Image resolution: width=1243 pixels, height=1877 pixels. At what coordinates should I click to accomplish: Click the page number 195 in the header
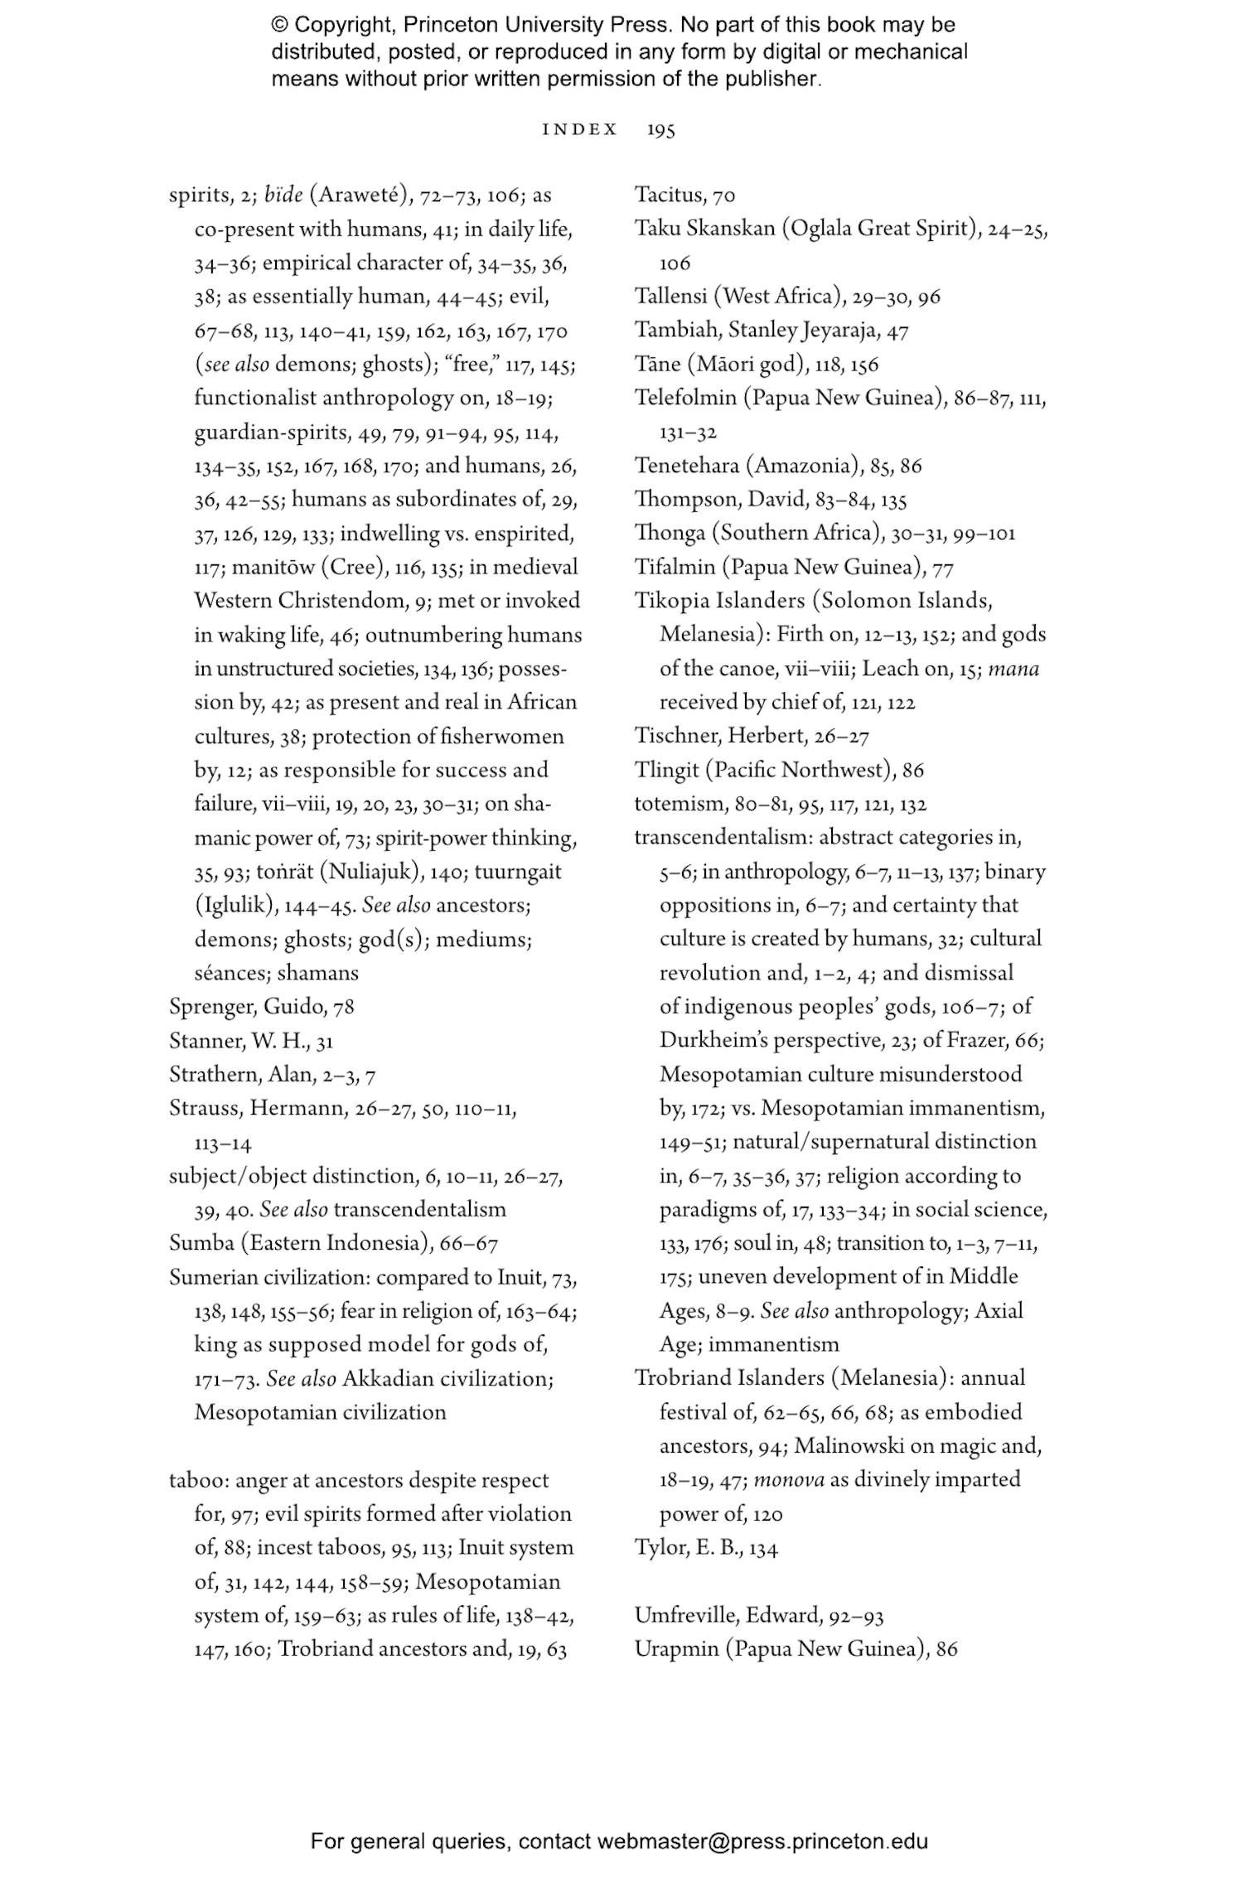click(660, 130)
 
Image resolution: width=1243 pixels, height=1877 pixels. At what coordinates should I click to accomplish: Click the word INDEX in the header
click(579, 130)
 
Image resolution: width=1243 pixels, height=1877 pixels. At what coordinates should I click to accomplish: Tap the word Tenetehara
click(686, 466)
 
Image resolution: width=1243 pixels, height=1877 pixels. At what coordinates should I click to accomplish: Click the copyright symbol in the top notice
click(279, 25)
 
